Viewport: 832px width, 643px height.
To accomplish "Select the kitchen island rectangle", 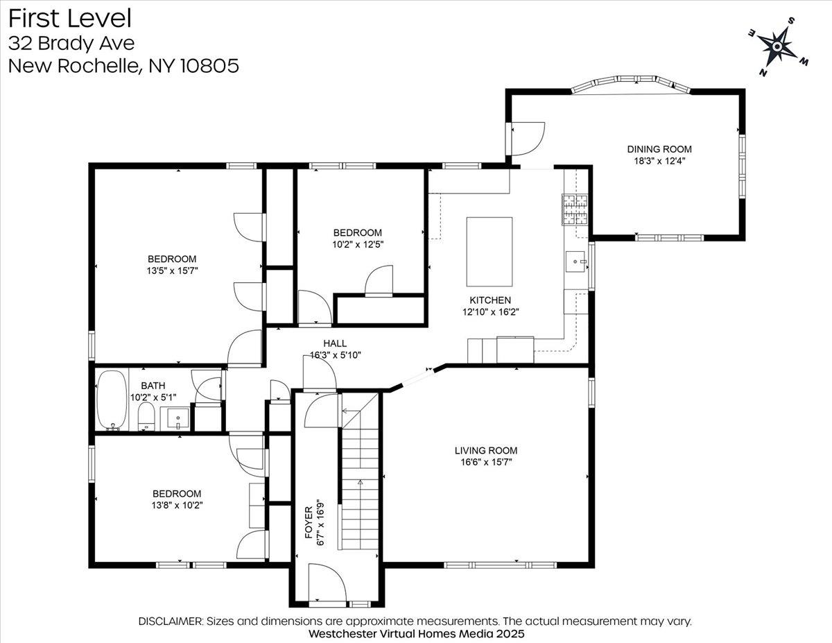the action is (x=489, y=252).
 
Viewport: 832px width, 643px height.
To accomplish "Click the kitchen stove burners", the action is (x=574, y=209).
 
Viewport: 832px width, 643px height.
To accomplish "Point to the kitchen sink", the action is (x=576, y=262).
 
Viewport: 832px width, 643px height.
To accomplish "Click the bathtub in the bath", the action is (x=112, y=400).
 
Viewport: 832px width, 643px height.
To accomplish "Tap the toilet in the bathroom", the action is (x=146, y=417).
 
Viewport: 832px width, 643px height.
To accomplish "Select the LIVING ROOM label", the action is (x=486, y=450).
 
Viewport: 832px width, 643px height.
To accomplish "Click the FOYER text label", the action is (x=309, y=522).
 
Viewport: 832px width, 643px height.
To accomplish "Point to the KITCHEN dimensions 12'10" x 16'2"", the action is (x=490, y=312).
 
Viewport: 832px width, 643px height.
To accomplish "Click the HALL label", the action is (x=335, y=343).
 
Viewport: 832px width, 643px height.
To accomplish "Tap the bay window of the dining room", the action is (x=631, y=83).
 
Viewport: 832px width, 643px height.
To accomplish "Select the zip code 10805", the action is (x=209, y=65).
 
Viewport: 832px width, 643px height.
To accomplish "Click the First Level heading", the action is (x=70, y=19).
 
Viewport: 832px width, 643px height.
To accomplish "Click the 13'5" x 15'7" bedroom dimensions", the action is (x=172, y=271).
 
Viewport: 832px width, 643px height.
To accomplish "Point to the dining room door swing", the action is (x=527, y=139).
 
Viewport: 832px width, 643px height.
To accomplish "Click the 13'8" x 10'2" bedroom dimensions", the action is (x=177, y=505).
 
